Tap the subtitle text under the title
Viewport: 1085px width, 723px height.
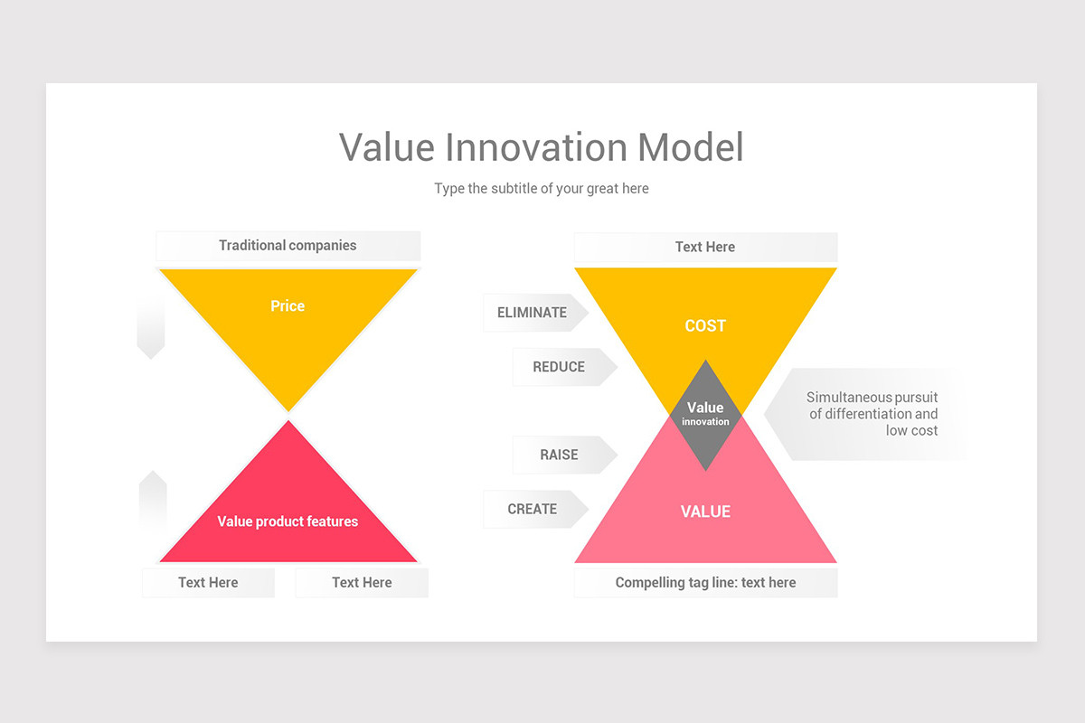542,189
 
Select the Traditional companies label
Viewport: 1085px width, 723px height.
288,246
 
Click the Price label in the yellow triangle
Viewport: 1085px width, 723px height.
288,306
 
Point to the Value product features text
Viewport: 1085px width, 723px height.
288,521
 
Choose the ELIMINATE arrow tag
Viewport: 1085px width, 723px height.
533,313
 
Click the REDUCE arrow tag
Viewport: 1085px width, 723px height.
560,367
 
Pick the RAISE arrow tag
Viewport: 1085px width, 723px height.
560,455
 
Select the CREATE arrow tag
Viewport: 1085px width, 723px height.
533,509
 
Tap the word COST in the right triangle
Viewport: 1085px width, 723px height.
705,326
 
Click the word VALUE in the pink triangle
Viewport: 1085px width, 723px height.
705,512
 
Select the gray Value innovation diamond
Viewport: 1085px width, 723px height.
705,414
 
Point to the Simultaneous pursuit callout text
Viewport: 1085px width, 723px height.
872,414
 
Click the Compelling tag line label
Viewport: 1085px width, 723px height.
705,583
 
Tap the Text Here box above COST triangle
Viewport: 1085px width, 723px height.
705,247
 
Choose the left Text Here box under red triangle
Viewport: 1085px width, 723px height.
208,583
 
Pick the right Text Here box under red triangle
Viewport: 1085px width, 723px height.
362,583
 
